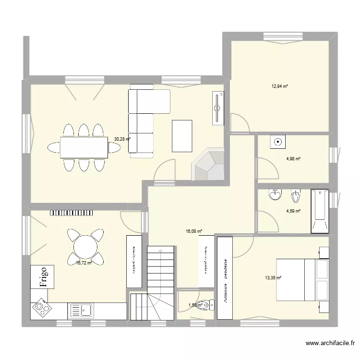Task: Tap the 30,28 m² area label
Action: pyautogui.click(x=122, y=140)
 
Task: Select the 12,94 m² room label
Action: pyautogui.click(x=279, y=87)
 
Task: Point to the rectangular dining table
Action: pyautogui.click(x=84, y=147)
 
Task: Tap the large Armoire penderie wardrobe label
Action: pyautogui.click(x=224, y=278)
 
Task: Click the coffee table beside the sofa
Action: pyautogui.click(x=182, y=136)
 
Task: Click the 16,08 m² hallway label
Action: pyautogui.click(x=194, y=231)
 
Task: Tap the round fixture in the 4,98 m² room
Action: pyautogui.click(x=278, y=142)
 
